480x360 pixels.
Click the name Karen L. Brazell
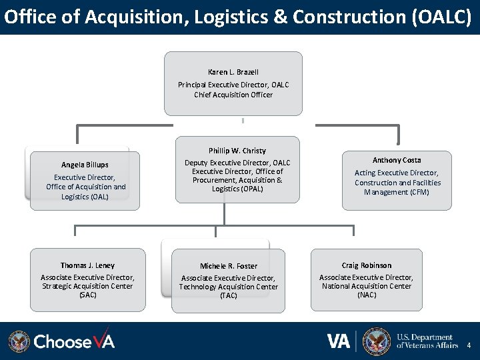(233, 72)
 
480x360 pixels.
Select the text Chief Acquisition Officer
(233, 95)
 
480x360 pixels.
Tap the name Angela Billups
(85, 165)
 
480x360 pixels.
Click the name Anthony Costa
(397, 160)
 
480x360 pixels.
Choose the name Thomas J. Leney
(87, 265)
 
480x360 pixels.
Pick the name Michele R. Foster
(229, 266)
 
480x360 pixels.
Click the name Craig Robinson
(367, 265)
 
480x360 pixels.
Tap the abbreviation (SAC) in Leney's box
(87, 295)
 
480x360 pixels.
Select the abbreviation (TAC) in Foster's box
(229, 295)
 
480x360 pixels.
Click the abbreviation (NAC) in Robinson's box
(367, 295)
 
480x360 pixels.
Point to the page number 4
(469, 345)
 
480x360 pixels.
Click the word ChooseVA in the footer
(74, 341)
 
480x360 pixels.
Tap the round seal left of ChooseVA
(19, 341)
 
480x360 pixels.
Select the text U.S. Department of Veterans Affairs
(427, 341)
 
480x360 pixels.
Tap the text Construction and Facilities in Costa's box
(397, 183)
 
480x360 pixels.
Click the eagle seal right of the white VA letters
(377, 341)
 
